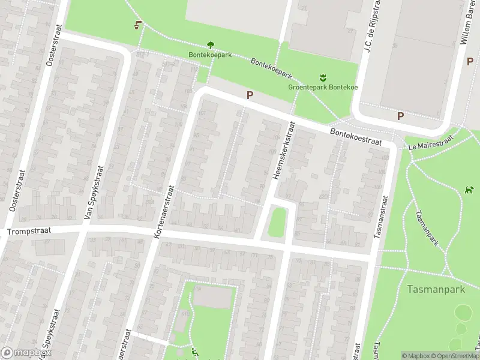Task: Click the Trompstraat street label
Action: tap(29, 230)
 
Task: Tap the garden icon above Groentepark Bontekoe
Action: tap(323, 77)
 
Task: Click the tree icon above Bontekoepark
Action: tap(211, 44)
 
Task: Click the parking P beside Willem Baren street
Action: tap(470, 61)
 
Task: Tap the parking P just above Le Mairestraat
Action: tap(400, 116)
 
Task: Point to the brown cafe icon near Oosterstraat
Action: tap(139, 25)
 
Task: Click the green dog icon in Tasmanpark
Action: tap(469, 191)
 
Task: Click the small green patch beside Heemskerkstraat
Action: tap(276, 221)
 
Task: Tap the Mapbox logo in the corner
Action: tap(25, 352)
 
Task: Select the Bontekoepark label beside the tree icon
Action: tap(210, 55)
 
